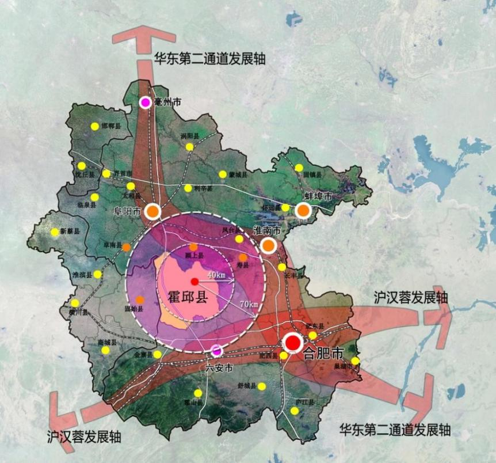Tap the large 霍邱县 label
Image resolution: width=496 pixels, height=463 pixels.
(188, 297)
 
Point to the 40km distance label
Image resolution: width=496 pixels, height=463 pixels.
(216, 275)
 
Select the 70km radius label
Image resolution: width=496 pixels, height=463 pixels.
(248, 304)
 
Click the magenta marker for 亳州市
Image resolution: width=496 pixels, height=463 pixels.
(145, 103)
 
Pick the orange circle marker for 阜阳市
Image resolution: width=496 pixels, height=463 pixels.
(153, 211)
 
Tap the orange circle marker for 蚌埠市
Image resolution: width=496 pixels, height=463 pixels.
(303, 211)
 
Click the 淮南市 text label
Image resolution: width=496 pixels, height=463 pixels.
(267, 231)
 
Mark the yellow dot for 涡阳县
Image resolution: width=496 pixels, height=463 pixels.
(189, 147)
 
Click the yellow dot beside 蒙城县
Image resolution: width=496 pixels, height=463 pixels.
(223, 174)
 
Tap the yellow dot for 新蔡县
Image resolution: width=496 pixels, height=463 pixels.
(55, 232)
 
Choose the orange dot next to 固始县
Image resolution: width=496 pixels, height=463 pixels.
(140, 300)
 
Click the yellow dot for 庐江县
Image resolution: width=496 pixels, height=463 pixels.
(295, 411)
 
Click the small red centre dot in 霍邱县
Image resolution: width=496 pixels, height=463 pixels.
(194, 281)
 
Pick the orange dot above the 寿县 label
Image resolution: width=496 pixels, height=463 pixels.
(243, 257)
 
